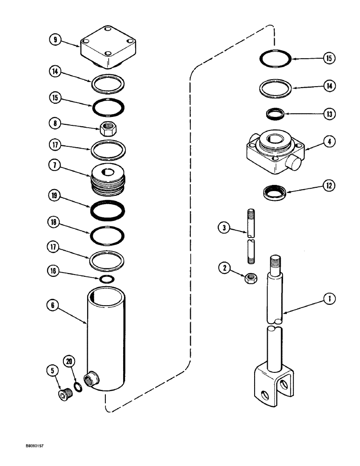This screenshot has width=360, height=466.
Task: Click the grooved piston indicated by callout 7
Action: pyautogui.click(x=108, y=179)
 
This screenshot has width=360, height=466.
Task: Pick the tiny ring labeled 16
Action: pyautogui.click(x=108, y=279)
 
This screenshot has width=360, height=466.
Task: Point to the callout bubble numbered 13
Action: pyautogui.click(x=329, y=113)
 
